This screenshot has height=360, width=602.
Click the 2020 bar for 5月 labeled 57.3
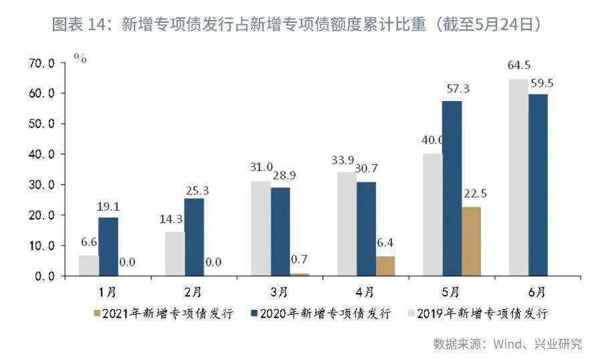coord(452,188)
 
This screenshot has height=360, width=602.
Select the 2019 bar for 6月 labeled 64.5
coord(518,177)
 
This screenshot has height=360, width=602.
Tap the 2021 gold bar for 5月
coord(471,241)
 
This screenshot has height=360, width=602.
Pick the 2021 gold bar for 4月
coord(385,266)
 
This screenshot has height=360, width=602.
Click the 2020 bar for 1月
coord(108,246)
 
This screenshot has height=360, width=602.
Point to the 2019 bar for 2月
coord(175,254)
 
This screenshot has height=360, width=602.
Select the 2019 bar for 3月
coord(261,228)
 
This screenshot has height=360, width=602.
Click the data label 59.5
coord(540,84)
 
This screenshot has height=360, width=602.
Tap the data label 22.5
coord(473,195)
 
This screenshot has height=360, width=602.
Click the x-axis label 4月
coord(365,292)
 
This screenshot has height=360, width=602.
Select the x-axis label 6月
coord(536,292)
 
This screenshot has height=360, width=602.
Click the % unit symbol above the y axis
coord(80,59)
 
